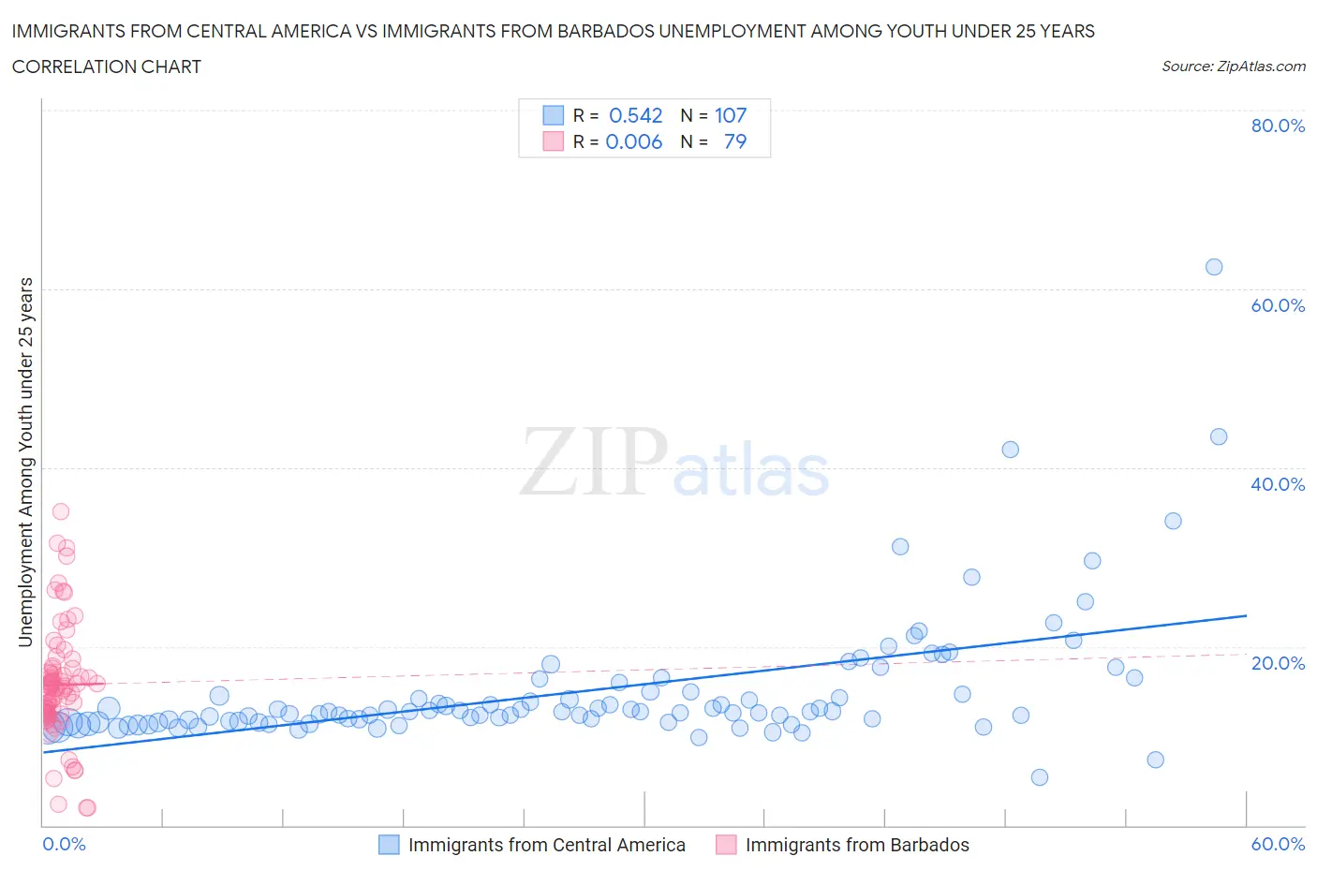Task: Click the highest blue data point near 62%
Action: pyautogui.click(x=1213, y=267)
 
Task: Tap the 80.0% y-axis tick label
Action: pyautogui.click(x=1278, y=125)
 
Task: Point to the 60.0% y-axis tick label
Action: pyautogui.click(x=1278, y=305)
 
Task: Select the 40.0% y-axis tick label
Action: pyautogui.click(x=1278, y=484)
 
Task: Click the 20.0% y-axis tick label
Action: pyautogui.click(x=1278, y=663)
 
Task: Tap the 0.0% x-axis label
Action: pyautogui.click(x=64, y=844)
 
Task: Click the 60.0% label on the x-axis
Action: pyautogui.click(x=1278, y=844)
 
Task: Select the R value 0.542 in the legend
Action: pyautogui.click(x=635, y=115)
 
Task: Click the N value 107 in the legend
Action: pyautogui.click(x=731, y=115)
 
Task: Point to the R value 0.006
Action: pyautogui.click(x=633, y=141)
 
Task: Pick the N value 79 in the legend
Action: pyautogui.click(x=735, y=141)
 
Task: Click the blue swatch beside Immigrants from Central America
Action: pyautogui.click(x=389, y=845)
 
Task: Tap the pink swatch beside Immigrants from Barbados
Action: pyautogui.click(x=726, y=845)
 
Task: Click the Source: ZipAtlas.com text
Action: pyautogui.click(x=1233, y=66)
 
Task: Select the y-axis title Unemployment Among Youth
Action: pyautogui.click(x=25, y=462)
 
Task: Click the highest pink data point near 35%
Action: pyautogui.click(x=61, y=511)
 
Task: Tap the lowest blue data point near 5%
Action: pyautogui.click(x=1039, y=777)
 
